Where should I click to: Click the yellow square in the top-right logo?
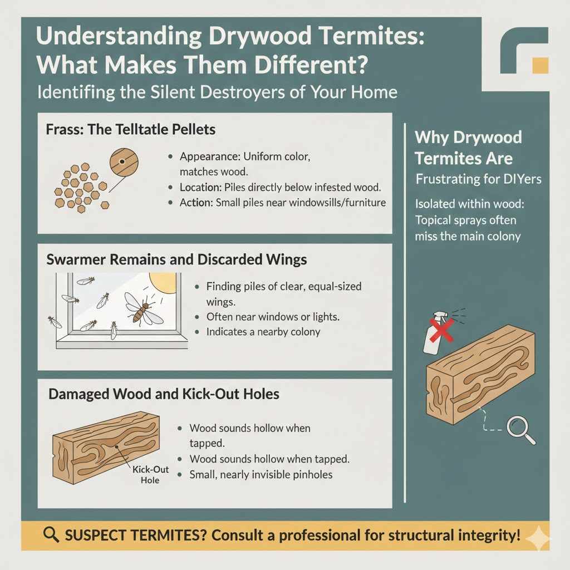540,65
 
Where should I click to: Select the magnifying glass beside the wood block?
521,429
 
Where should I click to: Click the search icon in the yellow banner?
51,535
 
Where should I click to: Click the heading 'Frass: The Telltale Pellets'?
131,130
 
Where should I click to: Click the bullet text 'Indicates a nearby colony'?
263,332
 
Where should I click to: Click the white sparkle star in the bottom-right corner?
539,538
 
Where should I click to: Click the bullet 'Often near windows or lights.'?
272,317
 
